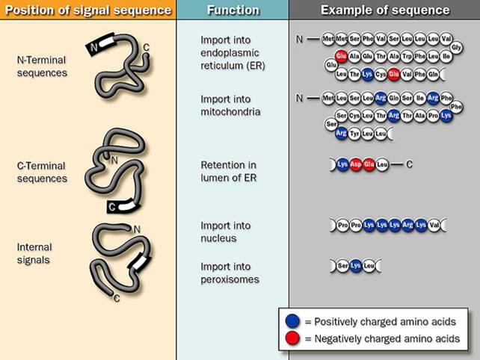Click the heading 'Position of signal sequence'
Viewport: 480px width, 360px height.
coord(87,10)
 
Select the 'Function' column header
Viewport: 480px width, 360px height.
coord(233,10)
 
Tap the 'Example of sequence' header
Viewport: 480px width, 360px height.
coord(385,10)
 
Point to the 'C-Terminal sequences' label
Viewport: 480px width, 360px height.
coord(42,173)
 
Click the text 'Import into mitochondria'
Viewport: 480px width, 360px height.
coord(230,105)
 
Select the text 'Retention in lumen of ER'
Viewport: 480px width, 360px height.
coord(230,170)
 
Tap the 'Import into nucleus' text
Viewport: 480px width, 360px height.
coord(226,232)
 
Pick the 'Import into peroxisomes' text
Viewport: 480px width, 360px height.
coord(230,273)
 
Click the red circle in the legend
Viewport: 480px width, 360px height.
coord(292,338)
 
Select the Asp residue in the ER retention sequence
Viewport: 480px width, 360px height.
coord(356,164)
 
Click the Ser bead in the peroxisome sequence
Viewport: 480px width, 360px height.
coord(343,265)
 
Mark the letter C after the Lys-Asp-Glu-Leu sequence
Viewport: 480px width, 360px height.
coord(409,164)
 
